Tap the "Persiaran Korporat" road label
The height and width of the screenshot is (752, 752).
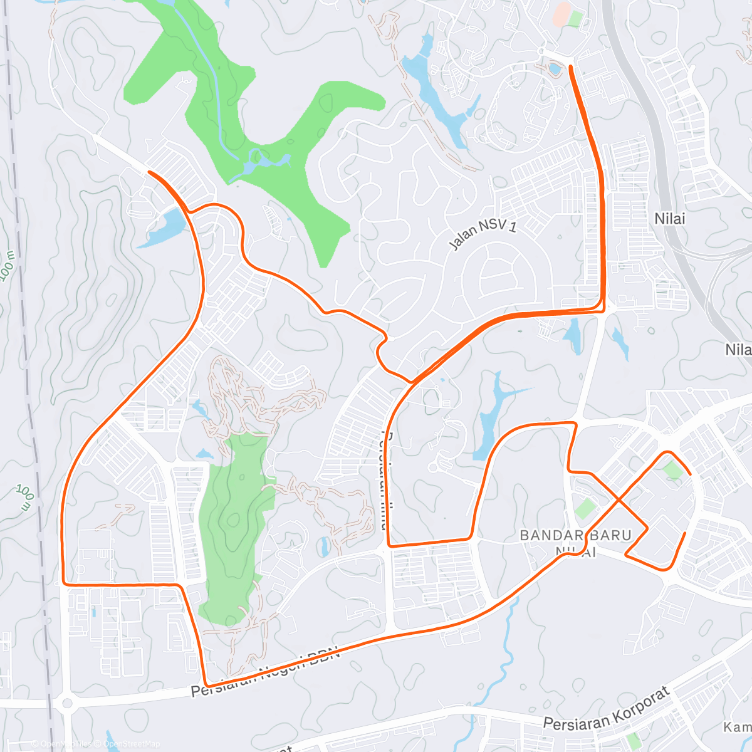(607, 709)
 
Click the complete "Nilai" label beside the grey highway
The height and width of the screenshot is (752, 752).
(669, 219)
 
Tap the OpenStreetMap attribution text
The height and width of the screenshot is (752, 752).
(132, 744)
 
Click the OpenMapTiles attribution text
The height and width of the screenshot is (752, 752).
(65, 744)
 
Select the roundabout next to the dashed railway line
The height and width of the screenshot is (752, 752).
(65, 703)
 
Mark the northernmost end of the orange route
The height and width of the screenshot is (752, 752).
(570, 66)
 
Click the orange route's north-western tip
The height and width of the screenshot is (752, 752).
(149, 171)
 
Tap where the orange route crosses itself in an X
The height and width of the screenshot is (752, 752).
(619, 499)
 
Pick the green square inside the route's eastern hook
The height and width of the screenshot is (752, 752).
(672, 469)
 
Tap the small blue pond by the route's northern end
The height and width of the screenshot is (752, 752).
(555, 68)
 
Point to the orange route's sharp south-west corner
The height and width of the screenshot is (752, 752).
(64, 584)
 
